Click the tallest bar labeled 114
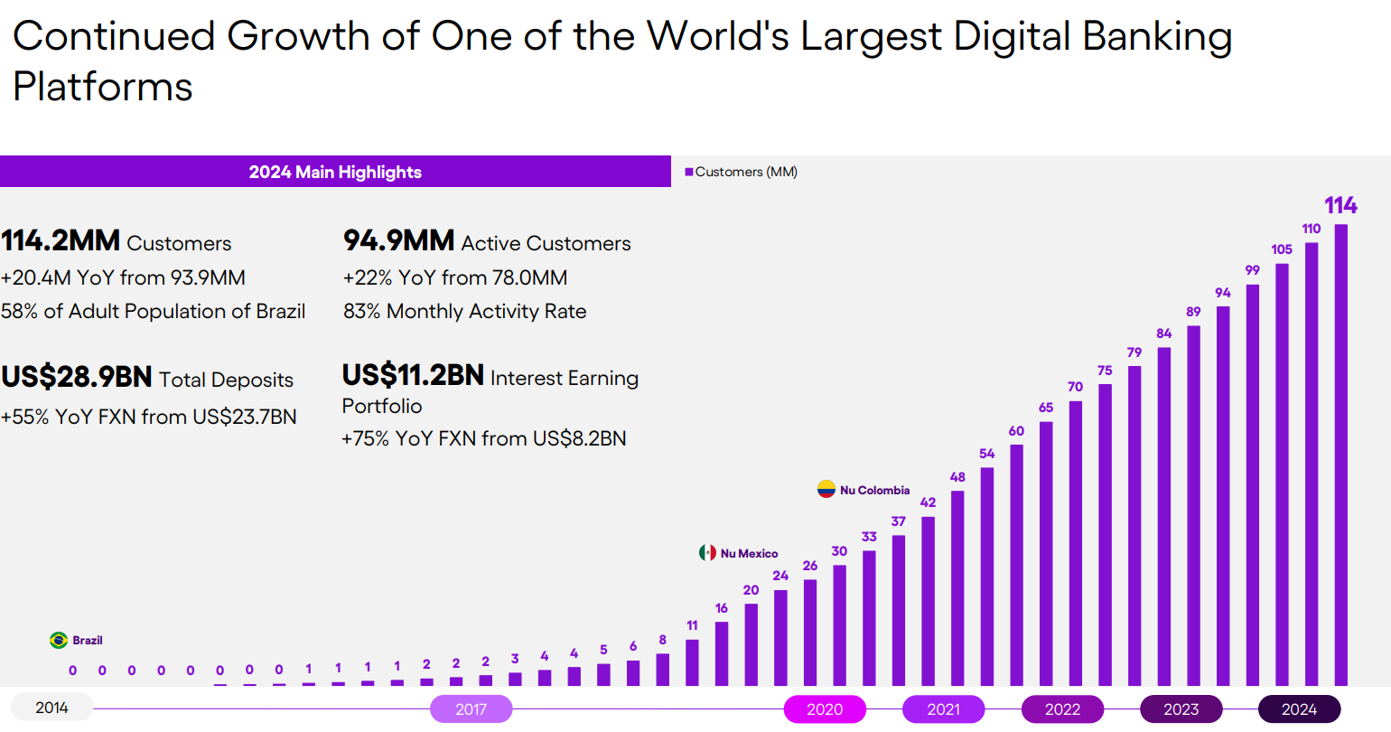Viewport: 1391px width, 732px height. coord(1340,455)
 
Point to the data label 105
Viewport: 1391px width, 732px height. coord(1282,249)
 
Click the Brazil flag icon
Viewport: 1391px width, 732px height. coord(59,641)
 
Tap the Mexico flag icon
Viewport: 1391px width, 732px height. coord(707,553)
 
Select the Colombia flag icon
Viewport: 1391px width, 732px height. coord(826,490)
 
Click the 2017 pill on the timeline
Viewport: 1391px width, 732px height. coord(471,709)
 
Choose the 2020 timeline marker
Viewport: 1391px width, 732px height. coord(825,709)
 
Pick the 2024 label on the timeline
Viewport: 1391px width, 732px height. coord(1299,709)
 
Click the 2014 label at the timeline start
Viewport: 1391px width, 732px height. coord(51,708)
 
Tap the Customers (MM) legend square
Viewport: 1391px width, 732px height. coord(689,172)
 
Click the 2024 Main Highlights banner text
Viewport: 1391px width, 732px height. coord(335,172)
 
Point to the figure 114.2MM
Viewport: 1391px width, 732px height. coord(61,241)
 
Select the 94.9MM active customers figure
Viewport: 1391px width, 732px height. coord(398,241)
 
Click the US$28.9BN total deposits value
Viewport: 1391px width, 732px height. coord(77,377)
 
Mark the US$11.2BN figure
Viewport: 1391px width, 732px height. coord(413,375)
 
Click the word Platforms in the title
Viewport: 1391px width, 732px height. coord(103,87)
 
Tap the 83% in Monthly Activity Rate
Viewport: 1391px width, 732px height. coord(361,312)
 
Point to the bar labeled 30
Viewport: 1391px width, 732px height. coord(840,625)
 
